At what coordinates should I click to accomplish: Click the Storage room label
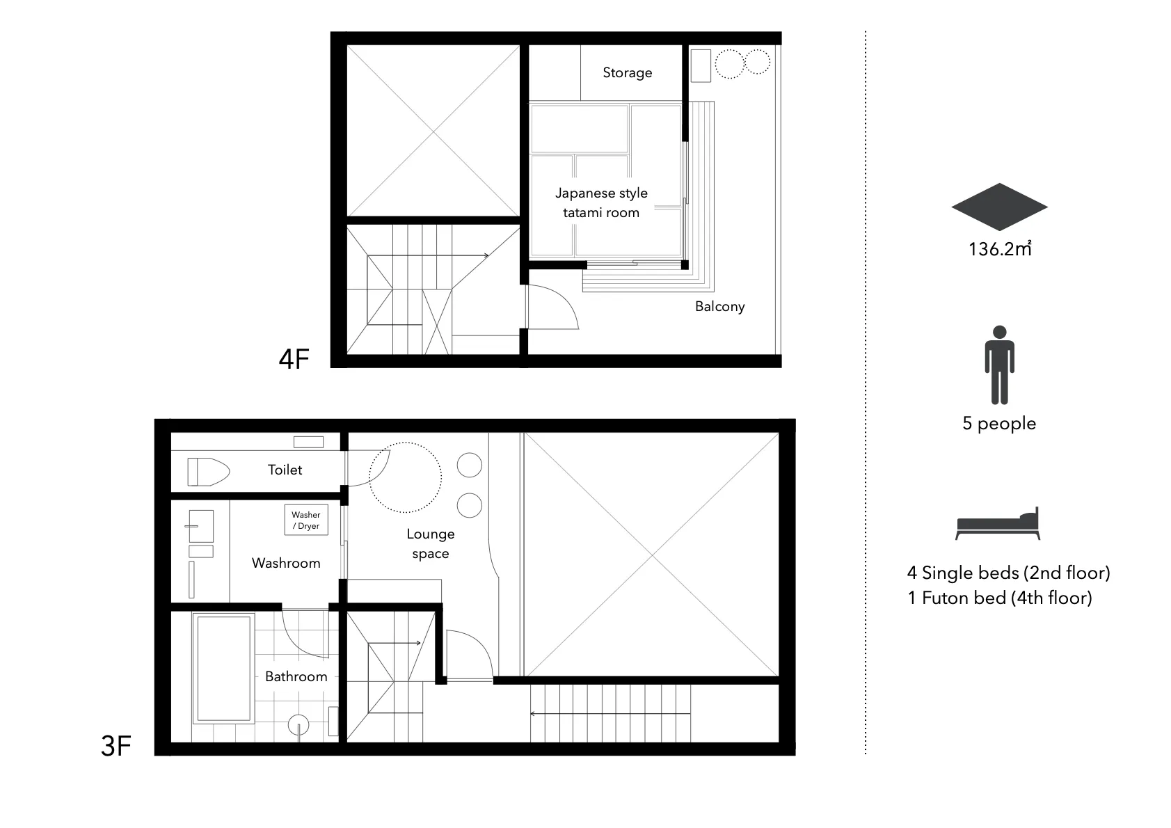(x=628, y=72)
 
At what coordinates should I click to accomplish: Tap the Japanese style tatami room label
(x=601, y=202)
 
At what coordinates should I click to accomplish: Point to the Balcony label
(x=720, y=306)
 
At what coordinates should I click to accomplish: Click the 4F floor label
(x=294, y=359)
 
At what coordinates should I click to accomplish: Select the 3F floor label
(x=115, y=746)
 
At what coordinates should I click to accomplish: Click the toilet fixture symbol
(x=209, y=472)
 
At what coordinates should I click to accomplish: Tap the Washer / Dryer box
(x=306, y=520)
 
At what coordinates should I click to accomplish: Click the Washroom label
(x=286, y=563)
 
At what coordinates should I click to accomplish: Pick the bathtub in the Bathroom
(x=223, y=669)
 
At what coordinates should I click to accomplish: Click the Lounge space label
(x=431, y=543)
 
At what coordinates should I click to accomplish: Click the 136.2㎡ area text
(x=1000, y=249)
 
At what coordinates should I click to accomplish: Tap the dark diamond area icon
(x=1000, y=207)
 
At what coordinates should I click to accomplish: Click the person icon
(x=1000, y=365)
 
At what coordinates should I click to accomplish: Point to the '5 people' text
(x=999, y=424)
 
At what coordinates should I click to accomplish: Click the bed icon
(x=998, y=523)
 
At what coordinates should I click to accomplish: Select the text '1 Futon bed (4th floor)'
(x=1000, y=598)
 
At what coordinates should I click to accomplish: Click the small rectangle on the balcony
(x=701, y=66)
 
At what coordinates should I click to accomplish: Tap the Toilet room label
(x=285, y=470)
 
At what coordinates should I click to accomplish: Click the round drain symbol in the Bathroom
(x=298, y=725)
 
